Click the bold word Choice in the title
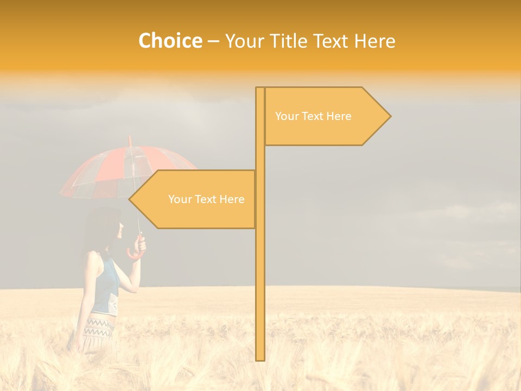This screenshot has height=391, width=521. point(170,41)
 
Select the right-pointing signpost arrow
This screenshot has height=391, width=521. point(326,116)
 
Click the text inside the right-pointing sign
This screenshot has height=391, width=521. point(313,116)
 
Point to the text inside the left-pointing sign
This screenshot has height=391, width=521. point(206,199)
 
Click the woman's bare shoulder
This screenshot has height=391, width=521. point(96,261)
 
